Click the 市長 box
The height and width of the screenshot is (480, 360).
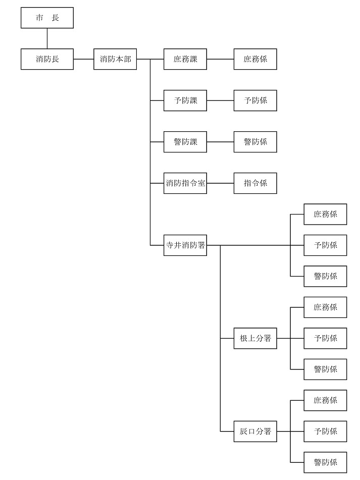point(47,18)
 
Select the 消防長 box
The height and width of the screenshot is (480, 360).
point(47,59)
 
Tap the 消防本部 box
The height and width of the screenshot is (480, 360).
point(115,59)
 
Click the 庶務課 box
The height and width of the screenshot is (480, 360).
point(185,59)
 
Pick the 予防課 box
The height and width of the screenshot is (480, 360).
point(185,100)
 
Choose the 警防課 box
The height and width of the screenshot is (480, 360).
point(185,142)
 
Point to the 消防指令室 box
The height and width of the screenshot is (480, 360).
point(185,183)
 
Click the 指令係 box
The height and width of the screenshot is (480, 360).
point(255,183)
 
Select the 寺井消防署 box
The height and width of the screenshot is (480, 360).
point(185,246)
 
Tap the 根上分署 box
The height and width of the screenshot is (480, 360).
point(255,338)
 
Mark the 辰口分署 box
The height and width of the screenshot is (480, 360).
point(255,432)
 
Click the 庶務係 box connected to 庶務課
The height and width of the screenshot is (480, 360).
point(255,59)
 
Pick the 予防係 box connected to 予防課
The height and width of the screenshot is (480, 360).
point(255,100)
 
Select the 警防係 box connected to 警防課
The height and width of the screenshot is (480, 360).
point(255,142)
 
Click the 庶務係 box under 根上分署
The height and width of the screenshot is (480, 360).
point(325,307)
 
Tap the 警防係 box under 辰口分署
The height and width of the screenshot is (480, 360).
point(325,462)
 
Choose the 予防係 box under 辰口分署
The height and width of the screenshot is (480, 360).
point(325,432)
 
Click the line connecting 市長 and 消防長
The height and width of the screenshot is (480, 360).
point(47,38)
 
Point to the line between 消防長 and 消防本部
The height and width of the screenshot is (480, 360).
point(83,59)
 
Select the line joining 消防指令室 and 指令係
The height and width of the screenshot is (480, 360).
point(220,183)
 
